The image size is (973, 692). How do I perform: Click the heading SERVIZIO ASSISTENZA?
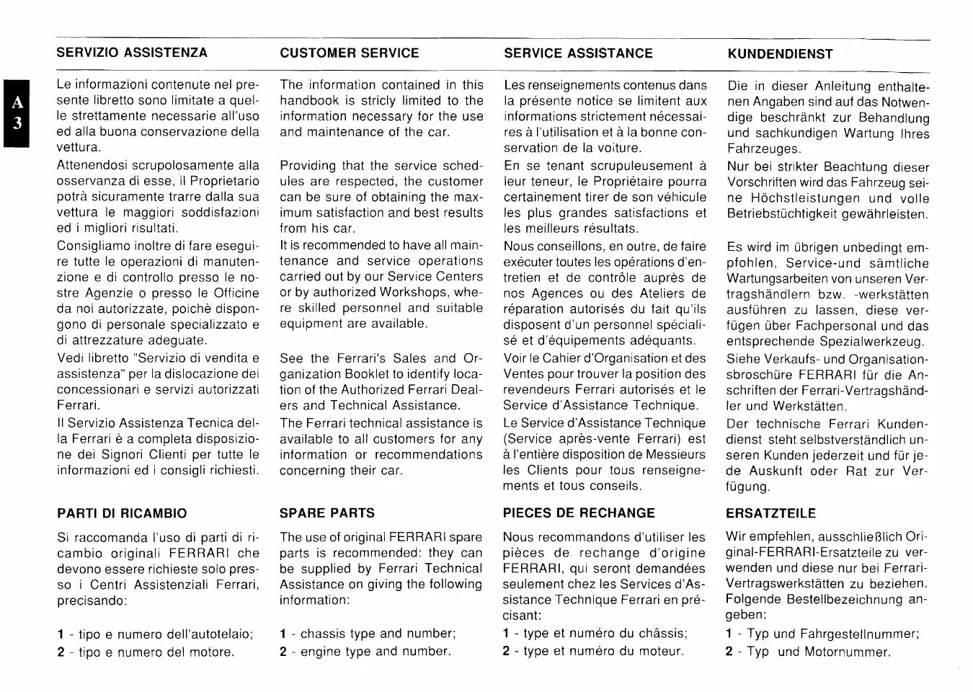pos(132,53)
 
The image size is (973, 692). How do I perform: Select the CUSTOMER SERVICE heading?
pos(350,53)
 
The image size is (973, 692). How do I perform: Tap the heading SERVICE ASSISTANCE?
pos(578,53)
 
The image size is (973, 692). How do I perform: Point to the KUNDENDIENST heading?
pos(780,53)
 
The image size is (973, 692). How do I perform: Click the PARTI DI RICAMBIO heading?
pos(122,513)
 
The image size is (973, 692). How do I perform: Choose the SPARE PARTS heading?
pos(327,513)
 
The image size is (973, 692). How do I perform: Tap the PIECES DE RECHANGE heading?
pos(579,513)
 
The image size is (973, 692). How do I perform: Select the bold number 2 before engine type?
pos(283,651)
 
